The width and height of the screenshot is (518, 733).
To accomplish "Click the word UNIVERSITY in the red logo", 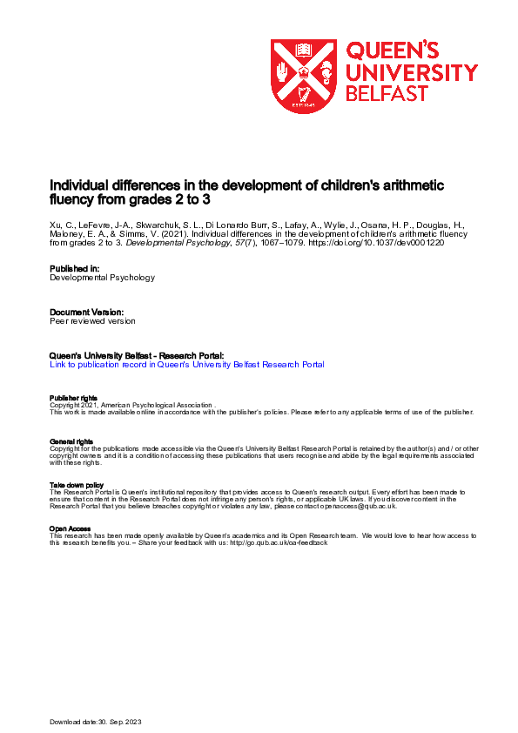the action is click(412, 72).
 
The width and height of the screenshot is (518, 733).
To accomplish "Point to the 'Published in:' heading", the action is click(76, 270).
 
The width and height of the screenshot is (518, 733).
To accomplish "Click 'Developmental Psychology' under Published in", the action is click(103, 279).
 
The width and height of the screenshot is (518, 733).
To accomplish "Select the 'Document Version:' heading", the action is click(86, 312).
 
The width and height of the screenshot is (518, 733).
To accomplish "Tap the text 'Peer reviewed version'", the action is click(93, 320).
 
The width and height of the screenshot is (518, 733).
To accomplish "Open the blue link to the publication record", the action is click(187, 365).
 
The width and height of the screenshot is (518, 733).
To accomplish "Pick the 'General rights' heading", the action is click(71, 441).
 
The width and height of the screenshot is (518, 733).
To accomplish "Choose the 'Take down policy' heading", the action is click(77, 485).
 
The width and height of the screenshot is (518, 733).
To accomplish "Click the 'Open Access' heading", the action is click(68, 528).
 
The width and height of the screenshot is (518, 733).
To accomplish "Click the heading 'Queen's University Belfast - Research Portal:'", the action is click(138, 355).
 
